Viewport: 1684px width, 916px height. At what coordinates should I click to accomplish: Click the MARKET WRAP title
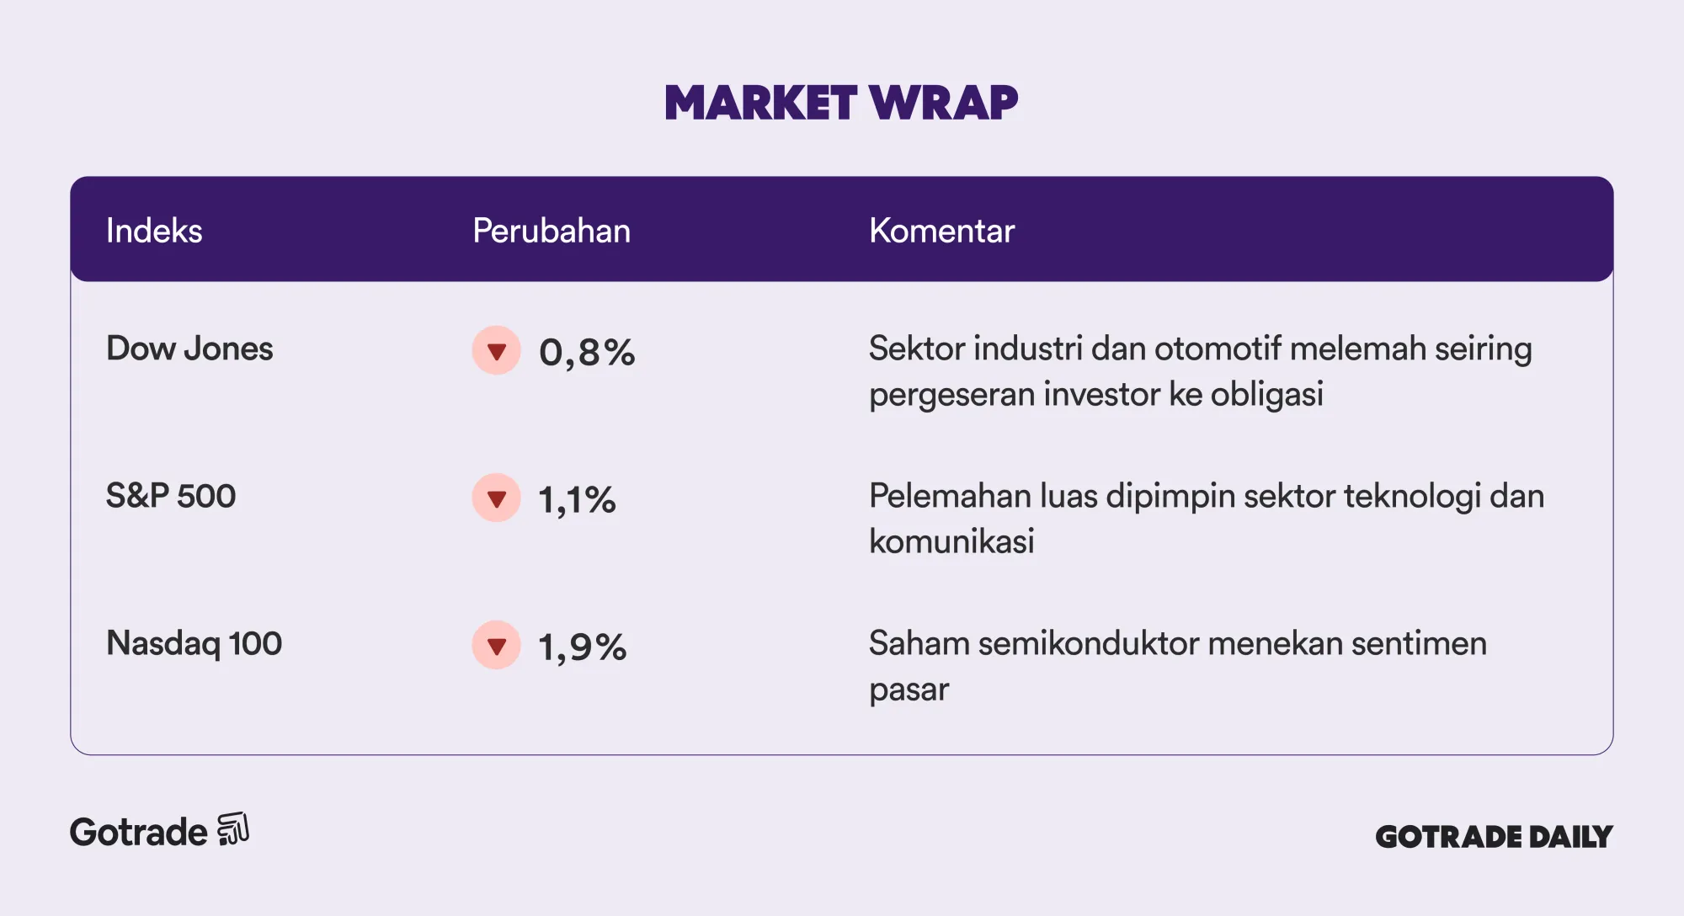pyautogui.click(x=841, y=103)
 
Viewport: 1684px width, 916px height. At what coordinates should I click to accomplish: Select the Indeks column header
pyautogui.click(x=154, y=231)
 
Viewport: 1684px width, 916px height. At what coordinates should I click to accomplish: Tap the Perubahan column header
pyautogui.click(x=552, y=231)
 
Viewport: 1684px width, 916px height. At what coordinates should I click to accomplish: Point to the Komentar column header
pyautogui.click(x=941, y=231)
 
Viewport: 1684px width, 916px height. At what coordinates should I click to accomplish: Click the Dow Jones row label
pyautogui.click(x=189, y=349)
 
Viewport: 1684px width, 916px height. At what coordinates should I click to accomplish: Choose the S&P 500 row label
pyautogui.click(x=171, y=496)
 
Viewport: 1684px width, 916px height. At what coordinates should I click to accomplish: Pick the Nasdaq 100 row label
pyautogui.click(x=194, y=643)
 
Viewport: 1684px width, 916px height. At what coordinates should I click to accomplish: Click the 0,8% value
pyautogui.click(x=587, y=352)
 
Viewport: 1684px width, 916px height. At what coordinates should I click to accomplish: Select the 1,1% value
pyautogui.click(x=577, y=499)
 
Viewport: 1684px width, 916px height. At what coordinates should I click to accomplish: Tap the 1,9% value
pyautogui.click(x=582, y=647)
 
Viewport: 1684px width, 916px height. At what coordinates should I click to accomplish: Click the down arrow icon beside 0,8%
pyautogui.click(x=497, y=350)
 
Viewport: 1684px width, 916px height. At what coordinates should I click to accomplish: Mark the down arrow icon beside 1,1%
pyautogui.click(x=497, y=498)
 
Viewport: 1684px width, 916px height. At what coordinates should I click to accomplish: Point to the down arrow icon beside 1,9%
pyautogui.click(x=497, y=645)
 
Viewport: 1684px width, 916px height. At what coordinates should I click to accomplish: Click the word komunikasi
pyautogui.click(x=951, y=541)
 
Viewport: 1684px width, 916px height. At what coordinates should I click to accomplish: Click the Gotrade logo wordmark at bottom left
pyautogui.click(x=139, y=832)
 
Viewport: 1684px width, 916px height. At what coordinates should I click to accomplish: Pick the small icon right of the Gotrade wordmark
pyautogui.click(x=233, y=828)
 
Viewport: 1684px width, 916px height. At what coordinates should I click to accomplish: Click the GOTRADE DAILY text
pyautogui.click(x=1494, y=836)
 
